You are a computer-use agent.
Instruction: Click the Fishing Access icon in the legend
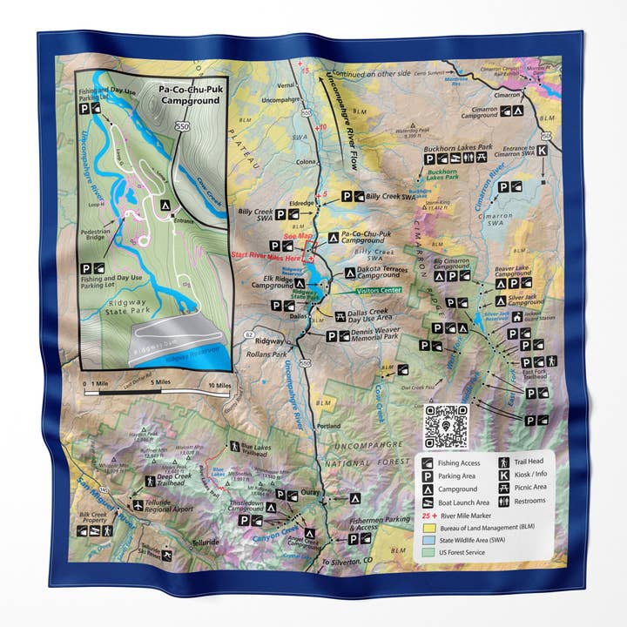tap(428, 463)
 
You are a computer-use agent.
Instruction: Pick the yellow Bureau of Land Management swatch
tap(428, 527)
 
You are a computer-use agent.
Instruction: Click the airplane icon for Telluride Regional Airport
tap(138, 504)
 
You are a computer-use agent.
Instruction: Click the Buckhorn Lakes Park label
tap(458, 148)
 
